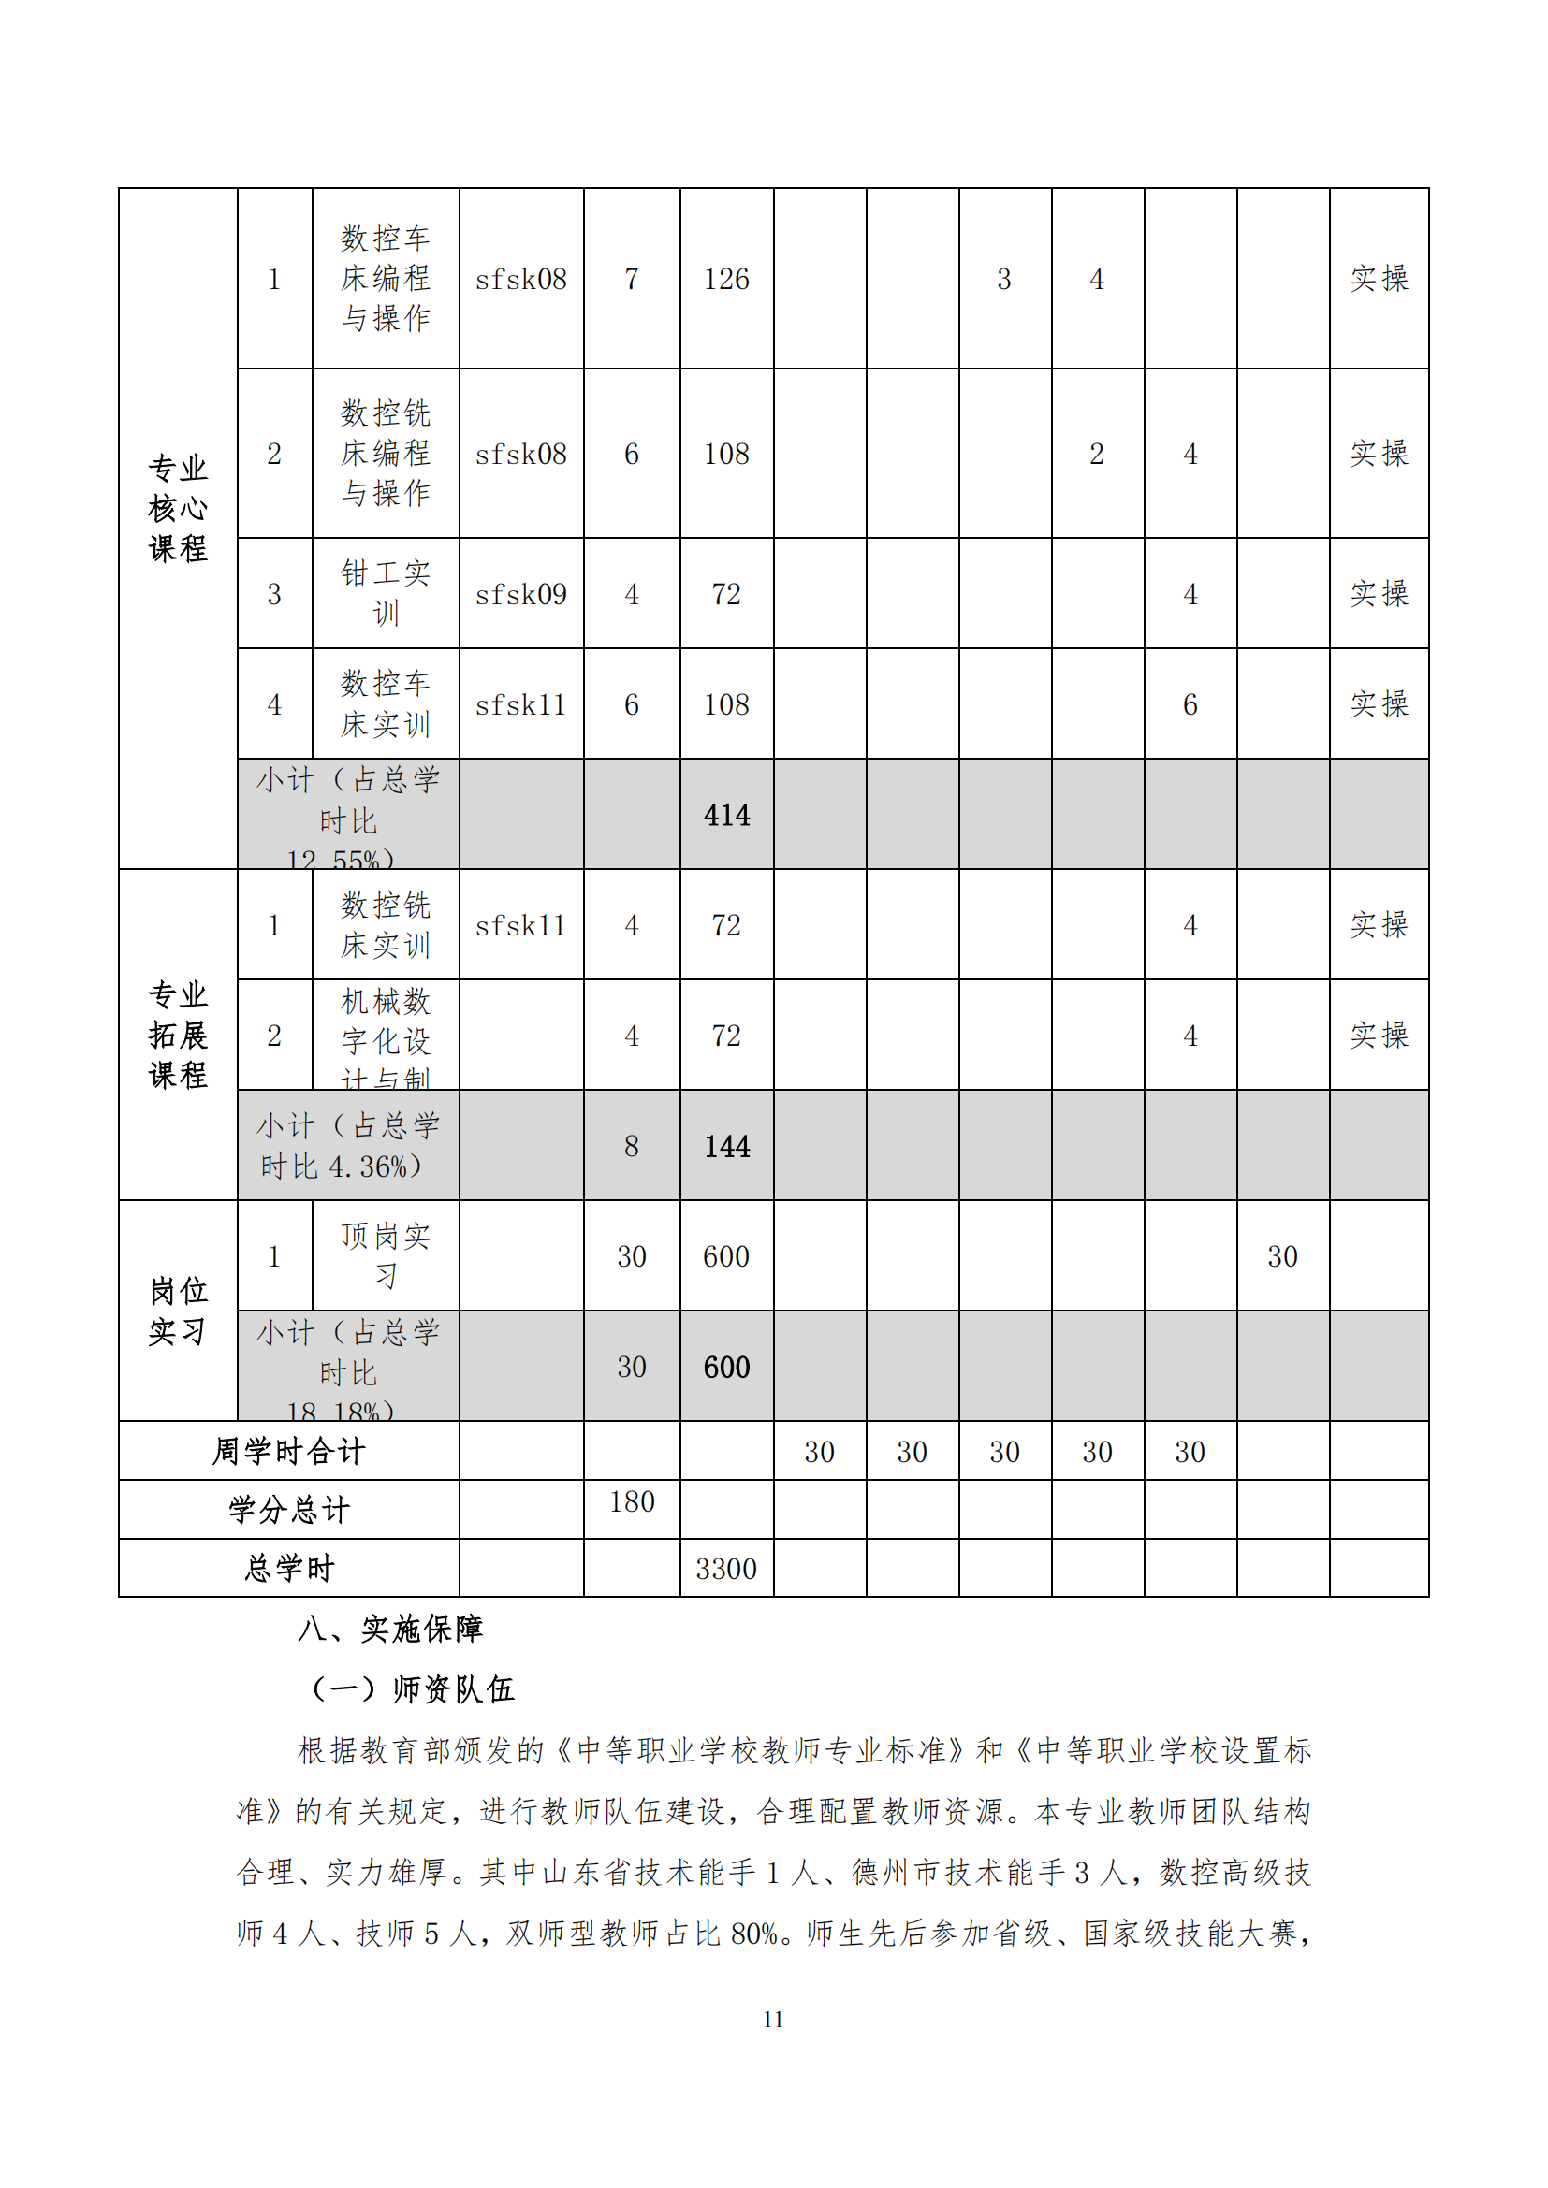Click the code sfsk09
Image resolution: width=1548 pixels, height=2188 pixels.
pyautogui.click(x=520, y=595)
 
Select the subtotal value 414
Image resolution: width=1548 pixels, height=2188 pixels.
pyautogui.click(x=726, y=816)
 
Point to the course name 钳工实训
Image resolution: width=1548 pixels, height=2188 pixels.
pyautogui.click(x=385, y=594)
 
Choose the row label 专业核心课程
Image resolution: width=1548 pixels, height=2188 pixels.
pyautogui.click(x=177, y=509)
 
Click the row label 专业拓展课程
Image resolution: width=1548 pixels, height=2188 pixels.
pyautogui.click(x=177, y=1035)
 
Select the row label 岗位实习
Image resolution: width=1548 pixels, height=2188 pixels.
pyautogui.click(x=177, y=1311)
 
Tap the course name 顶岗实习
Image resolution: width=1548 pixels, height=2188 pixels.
pyautogui.click(x=385, y=1256)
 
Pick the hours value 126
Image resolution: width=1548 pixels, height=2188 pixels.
pyautogui.click(x=726, y=279)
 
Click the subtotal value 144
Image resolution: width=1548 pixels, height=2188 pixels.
pyautogui.click(x=726, y=1147)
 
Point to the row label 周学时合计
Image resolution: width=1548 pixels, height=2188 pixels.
pyautogui.click(x=288, y=1453)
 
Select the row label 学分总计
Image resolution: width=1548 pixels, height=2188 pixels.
pyautogui.click(x=288, y=1511)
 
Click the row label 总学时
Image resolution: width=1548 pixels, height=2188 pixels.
pyautogui.click(x=288, y=1569)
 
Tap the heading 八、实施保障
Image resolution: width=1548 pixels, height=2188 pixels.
pyautogui.click(x=390, y=1630)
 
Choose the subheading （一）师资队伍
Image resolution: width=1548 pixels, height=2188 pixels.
pyautogui.click(x=413, y=1689)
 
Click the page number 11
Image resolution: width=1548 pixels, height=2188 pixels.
pyautogui.click(x=773, y=2020)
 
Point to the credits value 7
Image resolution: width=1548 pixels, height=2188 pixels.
pyautogui.click(x=631, y=279)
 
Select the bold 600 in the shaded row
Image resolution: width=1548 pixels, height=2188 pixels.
pyautogui.click(x=726, y=1368)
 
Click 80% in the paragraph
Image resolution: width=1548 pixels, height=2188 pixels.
pyautogui.click(x=755, y=1934)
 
